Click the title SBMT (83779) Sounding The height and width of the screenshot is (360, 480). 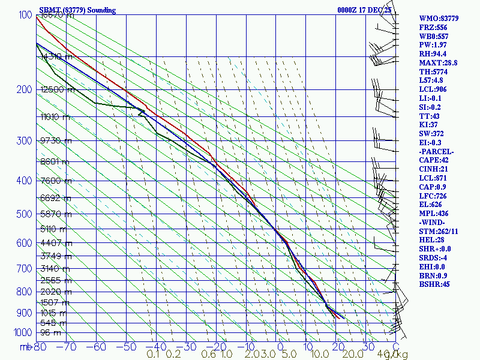pos(77,10)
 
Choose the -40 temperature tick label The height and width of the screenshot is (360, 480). pos(157,347)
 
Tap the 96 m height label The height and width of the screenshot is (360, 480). pos(50,332)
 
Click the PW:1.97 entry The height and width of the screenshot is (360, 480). pos(433,45)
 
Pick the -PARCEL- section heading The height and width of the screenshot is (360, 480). pos(436,151)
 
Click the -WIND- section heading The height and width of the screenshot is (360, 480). pos(433,222)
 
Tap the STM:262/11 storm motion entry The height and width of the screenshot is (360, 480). pos(439,231)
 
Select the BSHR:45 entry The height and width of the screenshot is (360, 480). pos(434,284)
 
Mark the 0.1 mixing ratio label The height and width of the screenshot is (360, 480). pos(153,355)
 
